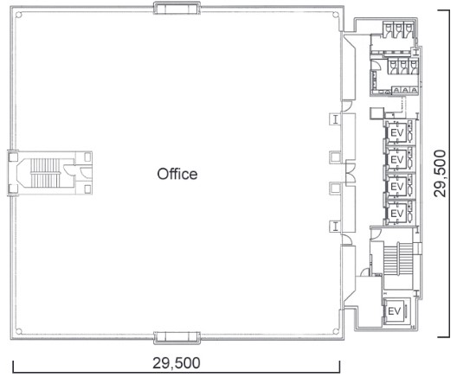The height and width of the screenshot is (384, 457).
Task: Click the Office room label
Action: [x=177, y=174]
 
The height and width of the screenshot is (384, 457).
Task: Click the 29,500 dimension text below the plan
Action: [x=177, y=363]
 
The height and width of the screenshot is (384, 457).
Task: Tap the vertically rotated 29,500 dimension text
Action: [x=440, y=174]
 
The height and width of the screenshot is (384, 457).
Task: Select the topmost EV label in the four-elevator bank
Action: [x=397, y=133]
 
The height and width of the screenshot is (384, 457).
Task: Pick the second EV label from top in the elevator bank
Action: [x=397, y=159]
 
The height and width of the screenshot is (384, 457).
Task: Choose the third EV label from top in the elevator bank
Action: [x=397, y=186]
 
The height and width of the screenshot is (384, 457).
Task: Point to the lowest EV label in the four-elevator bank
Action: [x=397, y=214]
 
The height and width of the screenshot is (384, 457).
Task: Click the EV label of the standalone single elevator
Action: [x=395, y=311]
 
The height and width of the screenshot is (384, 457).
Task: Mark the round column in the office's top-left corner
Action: [x=19, y=15]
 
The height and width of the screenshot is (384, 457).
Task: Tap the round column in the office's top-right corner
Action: [x=336, y=15]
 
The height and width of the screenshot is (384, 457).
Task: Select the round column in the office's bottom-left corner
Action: [x=19, y=331]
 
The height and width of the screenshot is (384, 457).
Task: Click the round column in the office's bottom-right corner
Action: [x=336, y=331]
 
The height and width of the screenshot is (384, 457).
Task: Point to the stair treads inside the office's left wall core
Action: [x=45, y=173]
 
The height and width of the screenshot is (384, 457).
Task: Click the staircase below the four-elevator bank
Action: [x=398, y=259]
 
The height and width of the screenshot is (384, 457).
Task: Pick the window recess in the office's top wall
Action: [x=177, y=8]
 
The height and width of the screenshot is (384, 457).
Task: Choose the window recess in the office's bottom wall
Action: [x=177, y=337]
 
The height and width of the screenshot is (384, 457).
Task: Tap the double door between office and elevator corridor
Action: [x=351, y=173]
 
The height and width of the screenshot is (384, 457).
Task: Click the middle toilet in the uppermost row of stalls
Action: [x=398, y=29]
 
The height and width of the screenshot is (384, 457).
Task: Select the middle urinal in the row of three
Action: [x=405, y=91]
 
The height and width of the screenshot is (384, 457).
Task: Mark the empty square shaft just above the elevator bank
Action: [x=377, y=113]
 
